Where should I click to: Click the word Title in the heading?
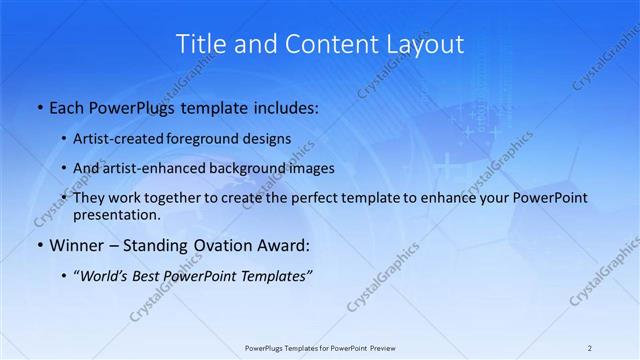198,44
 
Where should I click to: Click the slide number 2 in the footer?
590,348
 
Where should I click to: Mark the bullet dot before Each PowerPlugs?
38,106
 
